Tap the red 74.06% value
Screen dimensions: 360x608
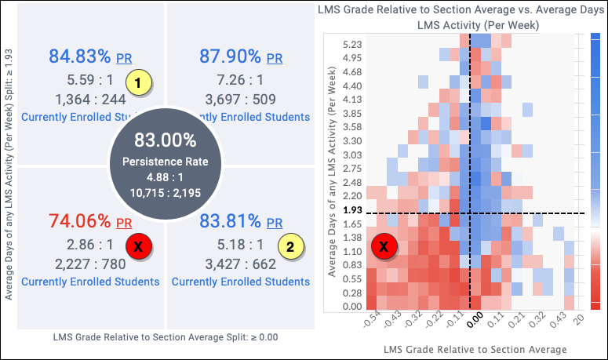[80, 222]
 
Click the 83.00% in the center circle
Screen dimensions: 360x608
[165, 141]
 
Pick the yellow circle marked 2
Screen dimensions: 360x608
[290, 246]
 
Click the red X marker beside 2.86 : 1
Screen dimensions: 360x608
[139, 246]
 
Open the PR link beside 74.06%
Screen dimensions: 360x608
[124, 224]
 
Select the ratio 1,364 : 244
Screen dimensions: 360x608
[91, 100]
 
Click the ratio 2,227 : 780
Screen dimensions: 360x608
[91, 264]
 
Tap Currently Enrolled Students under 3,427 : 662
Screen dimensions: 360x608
[240, 282]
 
